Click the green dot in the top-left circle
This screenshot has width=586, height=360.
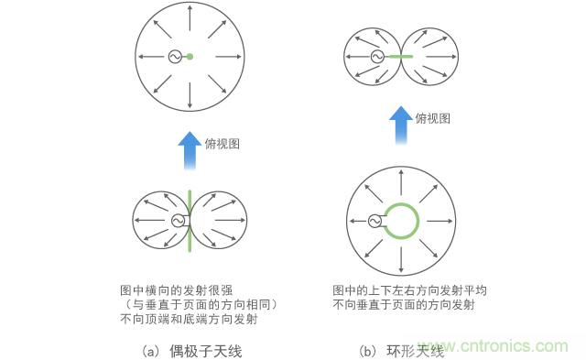(x=190, y=58)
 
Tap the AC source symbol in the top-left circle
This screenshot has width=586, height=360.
(x=174, y=58)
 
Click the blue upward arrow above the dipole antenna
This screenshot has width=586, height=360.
(x=190, y=149)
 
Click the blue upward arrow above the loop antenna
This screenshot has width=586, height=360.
(x=400, y=125)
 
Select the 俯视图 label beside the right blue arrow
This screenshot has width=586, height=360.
(x=433, y=118)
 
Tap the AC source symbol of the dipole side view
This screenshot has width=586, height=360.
(x=178, y=221)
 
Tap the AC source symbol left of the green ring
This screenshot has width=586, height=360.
(x=374, y=221)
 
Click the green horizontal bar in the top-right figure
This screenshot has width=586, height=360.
(x=400, y=57)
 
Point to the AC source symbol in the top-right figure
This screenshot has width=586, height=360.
(x=376, y=57)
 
